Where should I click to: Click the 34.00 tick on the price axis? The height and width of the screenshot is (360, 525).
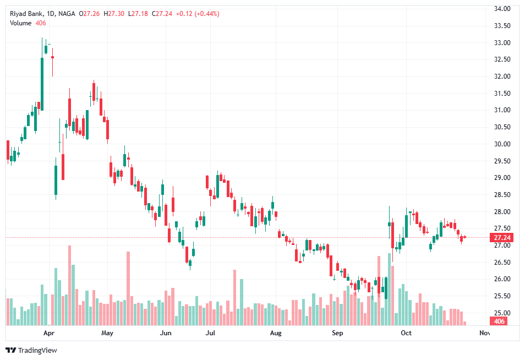pyautogui.click(x=503, y=9)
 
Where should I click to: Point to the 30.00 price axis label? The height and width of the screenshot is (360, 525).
pyautogui.click(x=503, y=144)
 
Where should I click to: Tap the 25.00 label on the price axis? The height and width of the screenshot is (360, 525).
pyautogui.click(x=503, y=313)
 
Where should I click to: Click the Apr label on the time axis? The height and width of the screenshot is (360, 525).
pyautogui.click(x=48, y=333)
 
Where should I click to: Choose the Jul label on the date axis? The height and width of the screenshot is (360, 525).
pyautogui.click(x=210, y=333)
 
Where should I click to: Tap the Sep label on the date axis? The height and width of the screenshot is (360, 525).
pyautogui.click(x=337, y=333)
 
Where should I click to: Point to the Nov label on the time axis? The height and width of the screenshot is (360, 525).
pyautogui.click(x=484, y=333)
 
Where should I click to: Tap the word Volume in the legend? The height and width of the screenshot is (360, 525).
pyautogui.click(x=20, y=23)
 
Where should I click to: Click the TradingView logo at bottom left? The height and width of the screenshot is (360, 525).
pyautogui.click(x=31, y=350)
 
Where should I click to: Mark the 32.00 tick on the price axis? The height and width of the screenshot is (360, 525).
pyautogui.click(x=503, y=77)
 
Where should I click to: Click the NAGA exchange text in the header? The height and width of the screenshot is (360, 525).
pyautogui.click(x=67, y=14)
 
